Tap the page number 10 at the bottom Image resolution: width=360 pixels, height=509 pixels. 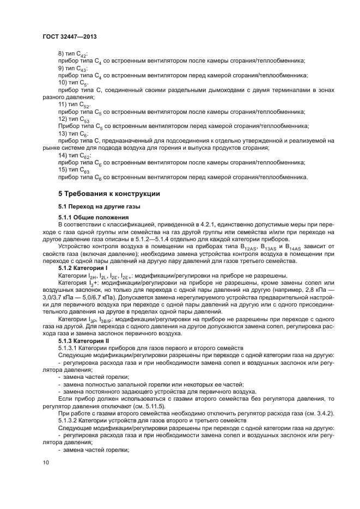coord(46,462)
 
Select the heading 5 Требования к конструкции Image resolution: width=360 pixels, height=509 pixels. coord(108,194)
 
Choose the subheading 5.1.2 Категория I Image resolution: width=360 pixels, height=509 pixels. coord(83,268)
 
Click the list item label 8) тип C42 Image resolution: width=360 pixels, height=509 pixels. coord(72,54)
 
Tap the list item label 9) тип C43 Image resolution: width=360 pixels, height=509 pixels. coord(72,69)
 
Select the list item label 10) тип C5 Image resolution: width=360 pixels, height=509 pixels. coord(73,83)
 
